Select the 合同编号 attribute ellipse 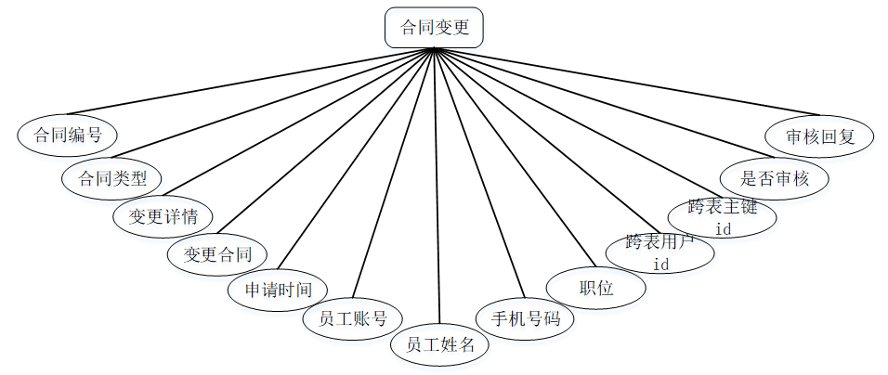tap(67, 135)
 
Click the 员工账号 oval tap(351, 318)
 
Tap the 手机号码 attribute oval tap(526, 318)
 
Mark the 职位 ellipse tap(595, 288)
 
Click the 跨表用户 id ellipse tap(660, 252)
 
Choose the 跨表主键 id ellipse tap(723, 216)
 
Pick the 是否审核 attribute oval tap(773, 178)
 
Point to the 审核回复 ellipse tap(819, 136)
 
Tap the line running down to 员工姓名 tap(437, 186)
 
